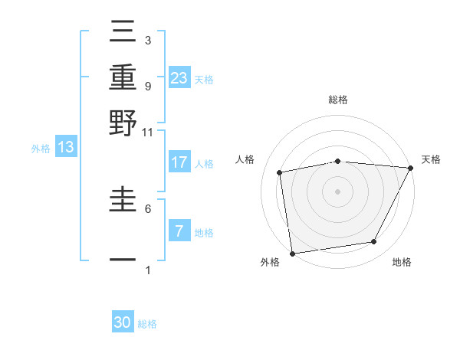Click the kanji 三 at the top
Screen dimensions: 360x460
(x=123, y=33)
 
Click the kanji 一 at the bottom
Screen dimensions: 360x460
(x=123, y=260)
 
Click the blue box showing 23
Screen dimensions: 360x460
(x=179, y=77)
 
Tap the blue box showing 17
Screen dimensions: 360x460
(x=179, y=162)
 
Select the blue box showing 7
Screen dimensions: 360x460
(x=179, y=231)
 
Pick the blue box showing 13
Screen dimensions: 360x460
(x=65, y=147)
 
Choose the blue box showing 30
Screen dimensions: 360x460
(x=123, y=322)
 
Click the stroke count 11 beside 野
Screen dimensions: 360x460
(x=147, y=132)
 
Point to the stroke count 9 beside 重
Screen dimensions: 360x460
(x=147, y=86)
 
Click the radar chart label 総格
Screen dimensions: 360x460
(x=337, y=100)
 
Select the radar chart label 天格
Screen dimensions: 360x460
(x=431, y=159)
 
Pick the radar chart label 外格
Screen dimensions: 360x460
(x=270, y=263)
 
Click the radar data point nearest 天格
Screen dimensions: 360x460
(x=411, y=168)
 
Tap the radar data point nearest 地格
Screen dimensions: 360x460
(x=374, y=242)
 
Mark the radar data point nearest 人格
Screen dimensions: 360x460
(x=280, y=172)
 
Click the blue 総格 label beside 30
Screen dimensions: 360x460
(x=147, y=324)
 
